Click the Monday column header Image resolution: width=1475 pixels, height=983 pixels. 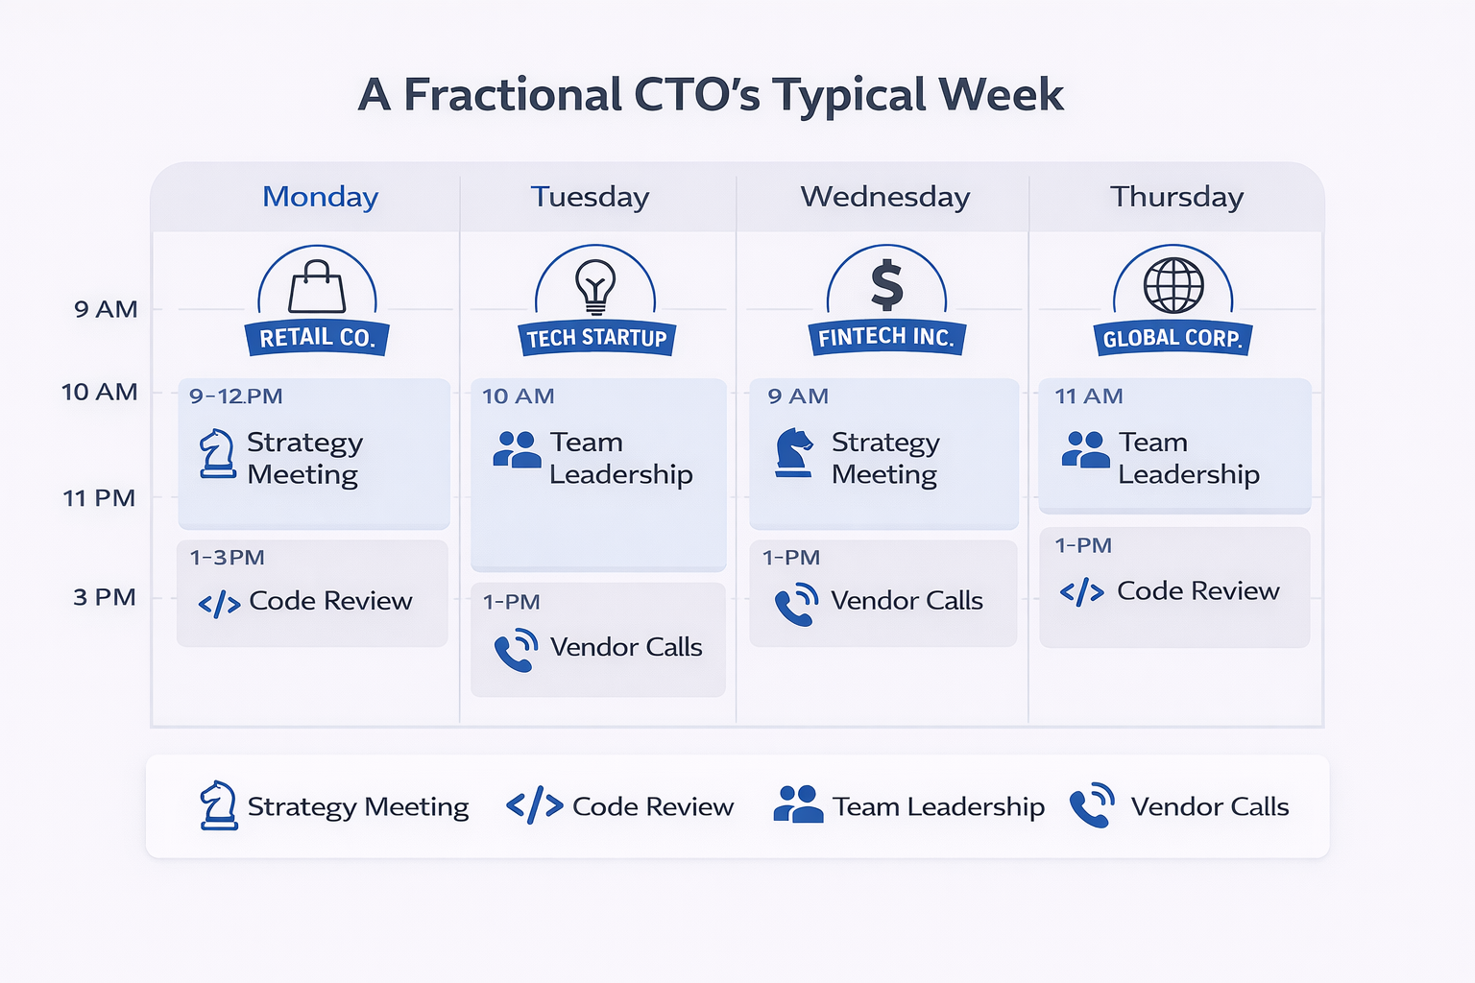320,197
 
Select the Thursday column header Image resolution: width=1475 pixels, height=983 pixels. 1176,197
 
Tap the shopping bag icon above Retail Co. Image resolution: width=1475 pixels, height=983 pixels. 317,286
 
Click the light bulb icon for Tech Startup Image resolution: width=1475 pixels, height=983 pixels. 595,287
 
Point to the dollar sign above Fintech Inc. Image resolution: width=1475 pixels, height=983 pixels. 887,284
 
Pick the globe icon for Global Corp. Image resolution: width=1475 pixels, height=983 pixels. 1173,286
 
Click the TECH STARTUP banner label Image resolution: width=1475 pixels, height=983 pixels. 596,339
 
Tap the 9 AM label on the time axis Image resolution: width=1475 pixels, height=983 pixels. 106,309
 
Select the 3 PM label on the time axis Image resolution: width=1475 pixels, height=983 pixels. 104,597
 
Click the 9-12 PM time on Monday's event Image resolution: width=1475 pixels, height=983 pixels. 235,396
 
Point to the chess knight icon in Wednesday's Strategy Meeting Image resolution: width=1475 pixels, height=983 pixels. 794,452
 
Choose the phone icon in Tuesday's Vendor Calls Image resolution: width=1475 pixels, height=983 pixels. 517,650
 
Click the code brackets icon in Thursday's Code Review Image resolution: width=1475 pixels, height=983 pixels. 1082,592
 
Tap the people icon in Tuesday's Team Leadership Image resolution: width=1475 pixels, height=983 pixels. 517,449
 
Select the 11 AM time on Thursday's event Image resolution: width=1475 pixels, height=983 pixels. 1089,396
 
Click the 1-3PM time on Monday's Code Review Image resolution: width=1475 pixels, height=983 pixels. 228,558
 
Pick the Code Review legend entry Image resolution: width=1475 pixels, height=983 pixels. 619,805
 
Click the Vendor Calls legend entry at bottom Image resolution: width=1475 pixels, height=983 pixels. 1178,805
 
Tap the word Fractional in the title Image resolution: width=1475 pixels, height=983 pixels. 512,94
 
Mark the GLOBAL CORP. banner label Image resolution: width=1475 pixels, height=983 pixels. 1173,339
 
